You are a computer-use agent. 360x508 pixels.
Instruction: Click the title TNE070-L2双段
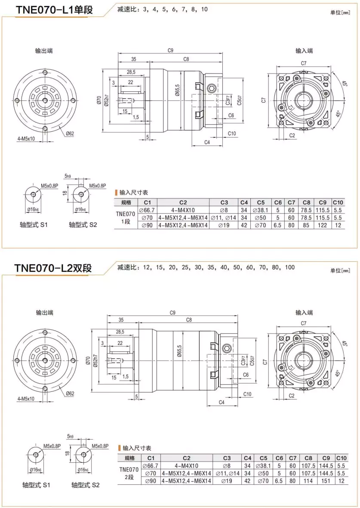pyautogui.click(x=53, y=268)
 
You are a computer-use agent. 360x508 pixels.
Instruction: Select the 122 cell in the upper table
pyautogui.click(x=323, y=225)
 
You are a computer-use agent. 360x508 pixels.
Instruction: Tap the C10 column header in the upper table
pyautogui.click(x=338, y=202)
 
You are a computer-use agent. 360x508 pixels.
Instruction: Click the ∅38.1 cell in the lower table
pyautogui.click(x=263, y=466)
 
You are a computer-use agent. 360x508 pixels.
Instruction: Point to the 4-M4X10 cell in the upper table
pyautogui.click(x=183, y=210)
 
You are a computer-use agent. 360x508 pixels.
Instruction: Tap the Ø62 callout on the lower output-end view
pyautogui.click(x=71, y=393)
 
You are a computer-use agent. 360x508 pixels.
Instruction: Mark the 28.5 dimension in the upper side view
pyautogui.click(x=131, y=71)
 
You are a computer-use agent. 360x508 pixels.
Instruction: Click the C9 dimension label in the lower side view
pyautogui.click(x=172, y=313)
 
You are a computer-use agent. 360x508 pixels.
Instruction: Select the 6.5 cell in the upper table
pyautogui.click(x=278, y=225)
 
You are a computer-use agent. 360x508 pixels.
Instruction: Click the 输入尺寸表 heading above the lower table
pyautogui.click(x=137, y=448)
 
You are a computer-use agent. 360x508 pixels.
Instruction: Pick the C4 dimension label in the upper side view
pyautogui.click(x=207, y=142)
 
